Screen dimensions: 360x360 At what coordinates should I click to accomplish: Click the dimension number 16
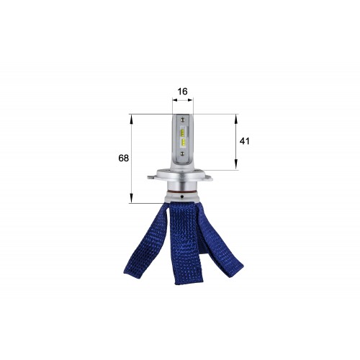pos(182,91)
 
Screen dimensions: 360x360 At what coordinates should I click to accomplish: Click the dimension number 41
pos(245,141)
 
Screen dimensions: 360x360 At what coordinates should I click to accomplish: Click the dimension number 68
pos(123,158)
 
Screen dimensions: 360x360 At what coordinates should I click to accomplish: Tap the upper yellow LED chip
pos(183,132)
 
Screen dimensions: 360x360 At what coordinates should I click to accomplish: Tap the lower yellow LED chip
pos(184,143)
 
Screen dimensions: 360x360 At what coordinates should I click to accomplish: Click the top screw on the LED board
pos(182,119)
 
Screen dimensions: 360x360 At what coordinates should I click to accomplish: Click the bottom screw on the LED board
pos(182,153)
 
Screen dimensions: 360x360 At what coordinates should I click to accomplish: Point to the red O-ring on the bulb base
pos(182,192)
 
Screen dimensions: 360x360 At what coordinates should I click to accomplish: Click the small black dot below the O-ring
pos(182,197)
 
